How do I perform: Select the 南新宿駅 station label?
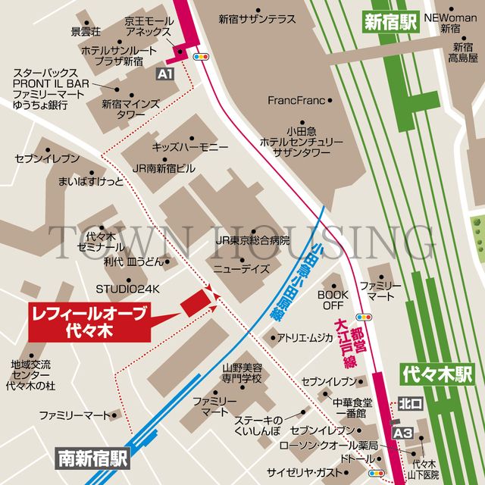pos(94,458)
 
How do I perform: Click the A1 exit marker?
pos(166,74)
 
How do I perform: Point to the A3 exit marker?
pos(404,432)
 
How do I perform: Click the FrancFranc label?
pos(296,100)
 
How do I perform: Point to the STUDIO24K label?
pos(128,289)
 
